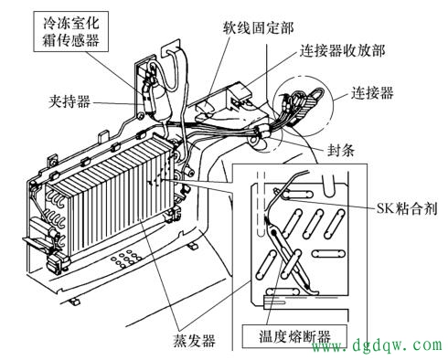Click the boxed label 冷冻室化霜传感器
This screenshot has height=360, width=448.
click(x=70, y=31)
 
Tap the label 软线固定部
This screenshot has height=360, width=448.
click(x=258, y=28)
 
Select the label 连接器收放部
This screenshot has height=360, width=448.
click(x=342, y=51)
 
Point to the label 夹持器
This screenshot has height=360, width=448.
click(x=69, y=101)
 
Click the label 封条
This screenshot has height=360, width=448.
click(x=341, y=150)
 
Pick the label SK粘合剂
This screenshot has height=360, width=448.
click(x=407, y=208)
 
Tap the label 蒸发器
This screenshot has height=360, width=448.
click(x=194, y=340)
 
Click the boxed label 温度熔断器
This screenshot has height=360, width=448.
click(x=294, y=336)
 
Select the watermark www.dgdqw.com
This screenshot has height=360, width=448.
click(x=377, y=345)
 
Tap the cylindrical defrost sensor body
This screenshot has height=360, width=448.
click(x=160, y=102)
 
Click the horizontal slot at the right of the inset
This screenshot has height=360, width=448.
click(x=328, y=253)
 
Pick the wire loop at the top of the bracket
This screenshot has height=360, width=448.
click(x=175, y=69)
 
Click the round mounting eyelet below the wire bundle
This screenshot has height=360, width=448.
click(x=254, y=141)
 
